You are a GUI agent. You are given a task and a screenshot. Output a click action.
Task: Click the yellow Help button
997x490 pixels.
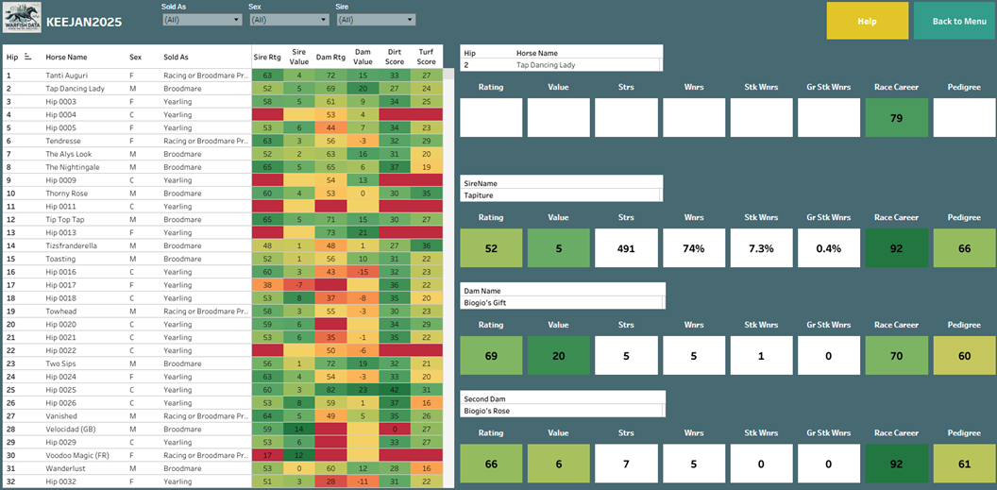pyautogui.click(x=867, y=21)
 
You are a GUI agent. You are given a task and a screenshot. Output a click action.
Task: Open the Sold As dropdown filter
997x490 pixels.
pyautogui.click(x=202, y=19)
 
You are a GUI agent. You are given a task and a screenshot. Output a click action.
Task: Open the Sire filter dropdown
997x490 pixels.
pyautogui.click(x=376, y=19)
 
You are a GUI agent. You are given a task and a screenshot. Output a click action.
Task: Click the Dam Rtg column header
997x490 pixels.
pyautogui.click(x=330, y=57)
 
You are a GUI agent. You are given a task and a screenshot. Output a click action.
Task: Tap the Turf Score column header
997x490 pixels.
pyautogui.click(x=427, y=57)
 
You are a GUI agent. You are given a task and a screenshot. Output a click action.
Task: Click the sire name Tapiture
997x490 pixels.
pyautogui.click(x=481, y=195)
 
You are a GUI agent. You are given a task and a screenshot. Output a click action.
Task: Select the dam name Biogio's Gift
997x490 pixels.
pyautogui.click(x=487, y=304)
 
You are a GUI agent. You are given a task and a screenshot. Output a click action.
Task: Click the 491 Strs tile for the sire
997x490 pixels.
pyautogui.click(x=627, y=247)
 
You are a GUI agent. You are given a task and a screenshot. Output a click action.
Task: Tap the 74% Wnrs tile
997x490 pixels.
pyautogui.click(x=694, y=247)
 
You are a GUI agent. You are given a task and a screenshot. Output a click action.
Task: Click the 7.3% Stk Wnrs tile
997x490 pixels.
pyautogui.click(x=762, y=247)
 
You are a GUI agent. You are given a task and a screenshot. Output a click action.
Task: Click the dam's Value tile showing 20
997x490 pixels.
pyautogui.click(x=558, y=355)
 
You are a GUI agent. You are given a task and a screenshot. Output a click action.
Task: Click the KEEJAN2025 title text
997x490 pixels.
pyautogui.click(x=84, y=22)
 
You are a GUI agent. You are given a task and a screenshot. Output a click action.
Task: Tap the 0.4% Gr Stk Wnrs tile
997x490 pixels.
pyautogui.click(x=829, y=247)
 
